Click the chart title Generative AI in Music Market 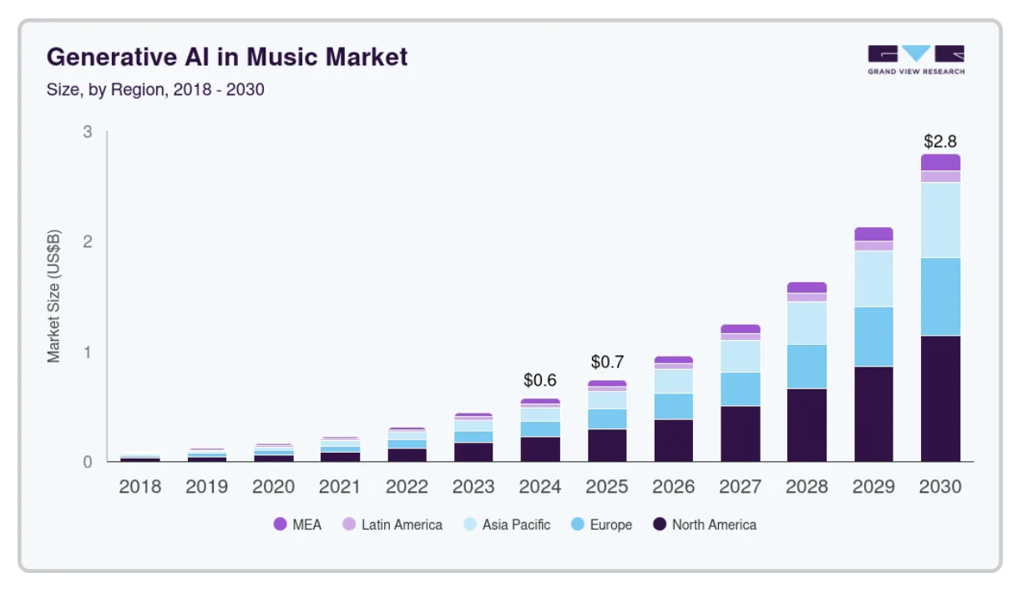tap(227, 57)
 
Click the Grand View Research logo tap(916, 59)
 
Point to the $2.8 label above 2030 tap(941, 140)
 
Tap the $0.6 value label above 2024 tap(540, 380)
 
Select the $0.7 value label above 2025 tap(607, 362)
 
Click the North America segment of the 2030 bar tap(941, 398)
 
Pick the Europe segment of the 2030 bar tap(941, 296)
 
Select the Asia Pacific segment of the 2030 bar tap(941, 220)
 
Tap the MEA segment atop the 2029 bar tap(874, 234)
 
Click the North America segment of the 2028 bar tap(807, 425)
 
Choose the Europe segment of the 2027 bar tap(741, 389)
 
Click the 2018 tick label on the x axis tap(139, 487)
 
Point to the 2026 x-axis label tap(674, 487)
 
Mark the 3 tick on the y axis tap(87, 132)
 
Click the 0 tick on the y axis tap(87, 462)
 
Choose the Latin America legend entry tap(392, 525)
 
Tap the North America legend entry tap(705, 525)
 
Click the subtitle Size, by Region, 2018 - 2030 tap(155, 89)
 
